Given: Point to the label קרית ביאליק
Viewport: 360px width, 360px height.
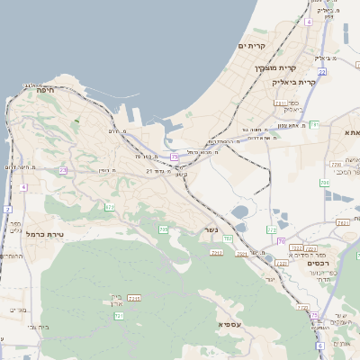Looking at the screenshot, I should tap(293, 82).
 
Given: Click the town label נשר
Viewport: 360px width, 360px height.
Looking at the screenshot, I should tap(211, 229).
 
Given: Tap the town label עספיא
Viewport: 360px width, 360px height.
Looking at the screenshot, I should tap(229, 323).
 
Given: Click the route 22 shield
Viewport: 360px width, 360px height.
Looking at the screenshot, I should tap(321, 71).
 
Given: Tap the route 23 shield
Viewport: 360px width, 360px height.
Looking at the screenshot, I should tap(63, 170).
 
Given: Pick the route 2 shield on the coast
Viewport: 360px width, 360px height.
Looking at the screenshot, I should tap(7, 209).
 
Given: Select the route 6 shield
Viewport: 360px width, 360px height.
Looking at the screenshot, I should tap(319, 346).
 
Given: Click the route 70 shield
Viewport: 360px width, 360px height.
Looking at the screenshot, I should tap(282, 241).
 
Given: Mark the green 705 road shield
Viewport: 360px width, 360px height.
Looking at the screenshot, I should tap(163, 230).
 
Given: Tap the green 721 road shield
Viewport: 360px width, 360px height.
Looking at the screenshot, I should tap(118, 316).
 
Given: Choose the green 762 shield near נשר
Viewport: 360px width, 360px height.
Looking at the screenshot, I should tap(227, 238).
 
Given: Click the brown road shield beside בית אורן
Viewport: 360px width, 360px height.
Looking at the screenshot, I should tap(134, 298).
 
